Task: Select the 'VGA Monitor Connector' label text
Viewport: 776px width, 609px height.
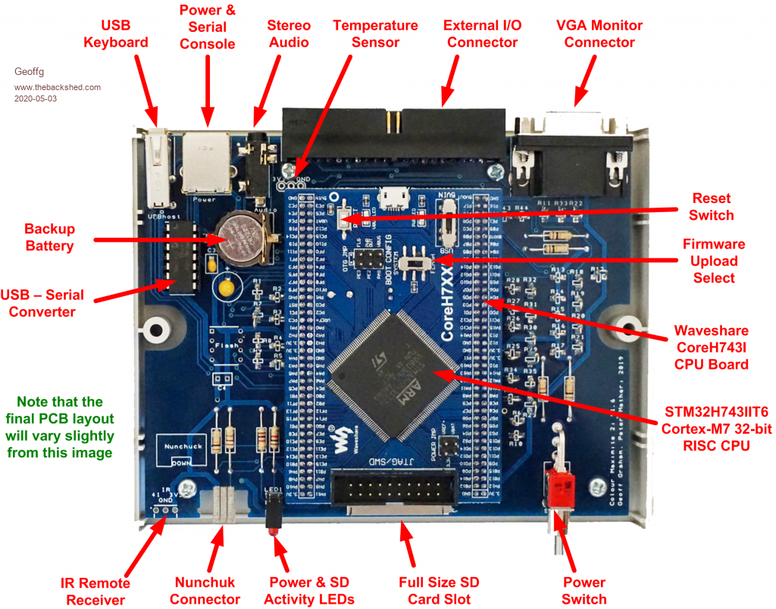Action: tap(599, 33)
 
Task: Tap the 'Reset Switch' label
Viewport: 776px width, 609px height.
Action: tap(712, 207)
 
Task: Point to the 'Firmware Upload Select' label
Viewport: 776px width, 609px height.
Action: tap(713, 261)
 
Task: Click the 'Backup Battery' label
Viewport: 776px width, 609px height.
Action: tap(49, 237)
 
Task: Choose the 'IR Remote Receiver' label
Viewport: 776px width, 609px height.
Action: tap(95, 591)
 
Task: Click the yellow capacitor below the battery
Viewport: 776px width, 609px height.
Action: tap(225, 286)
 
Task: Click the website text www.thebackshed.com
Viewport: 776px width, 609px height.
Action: tap(58, 87)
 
